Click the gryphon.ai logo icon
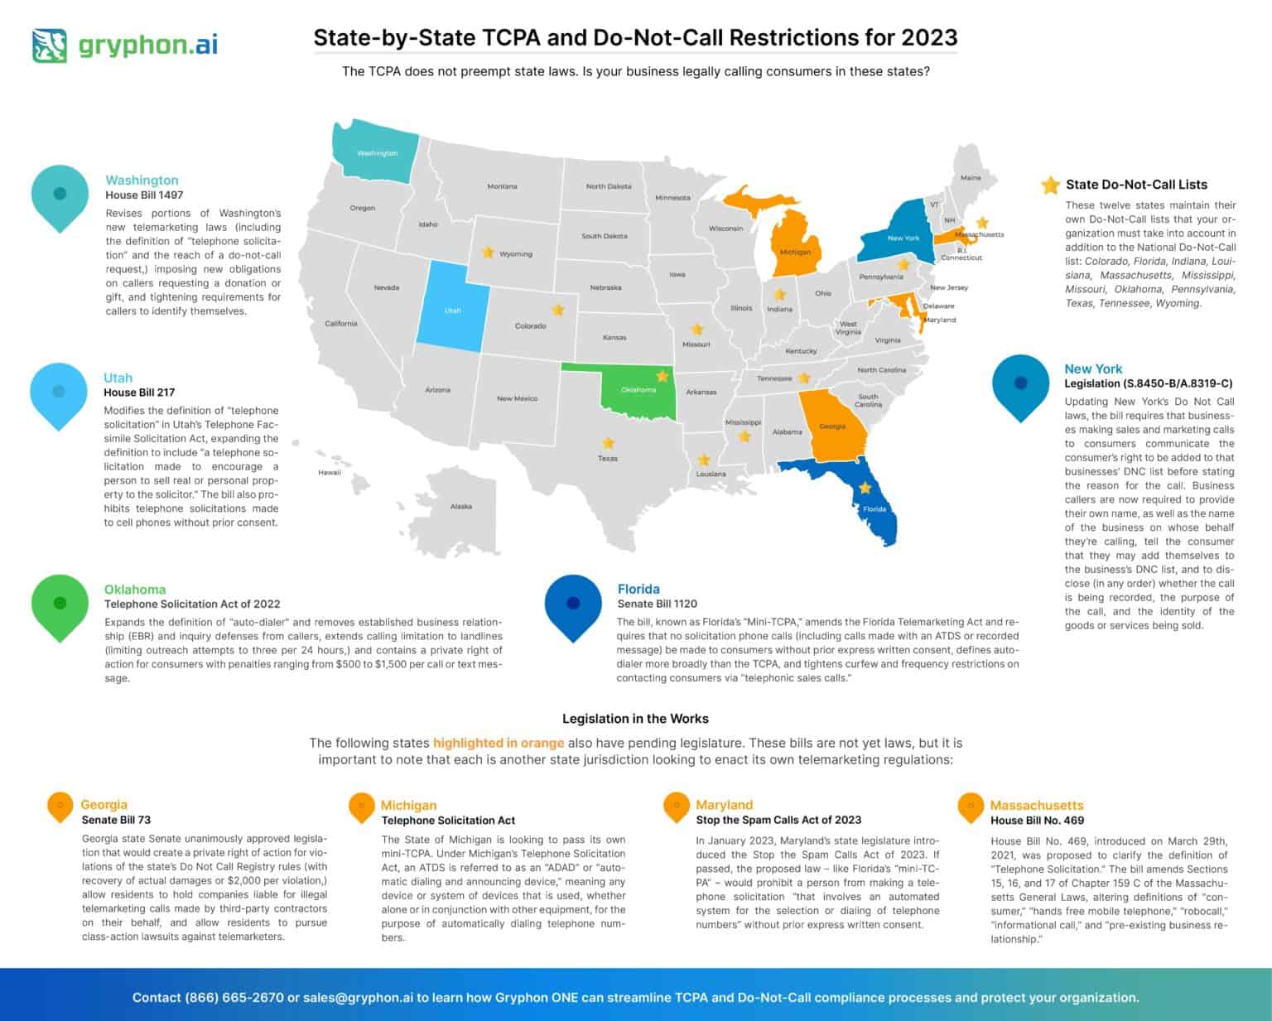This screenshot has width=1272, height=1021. click(50, 46)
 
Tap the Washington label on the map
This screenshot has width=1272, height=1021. click(377, 153)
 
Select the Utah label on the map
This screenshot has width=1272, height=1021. click(452, 311)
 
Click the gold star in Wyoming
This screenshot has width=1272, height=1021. click(488, 252)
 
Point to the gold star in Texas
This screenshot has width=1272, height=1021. click(608, 444)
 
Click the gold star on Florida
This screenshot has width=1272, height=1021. click(865, 489)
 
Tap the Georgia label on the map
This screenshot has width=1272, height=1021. click(832, 426)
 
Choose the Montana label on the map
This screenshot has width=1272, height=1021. click(502, 186)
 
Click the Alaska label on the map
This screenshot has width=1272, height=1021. click(461, 506)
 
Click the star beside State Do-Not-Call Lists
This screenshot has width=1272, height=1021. click(1050, 185)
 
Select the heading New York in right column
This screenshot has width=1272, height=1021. click(1093, 369)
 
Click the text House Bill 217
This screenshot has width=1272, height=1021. click(139, 393)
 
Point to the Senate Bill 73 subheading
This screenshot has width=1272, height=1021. click(116, 820)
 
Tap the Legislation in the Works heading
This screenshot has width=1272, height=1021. click(635, 719)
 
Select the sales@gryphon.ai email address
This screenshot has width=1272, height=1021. click(358, 997)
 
